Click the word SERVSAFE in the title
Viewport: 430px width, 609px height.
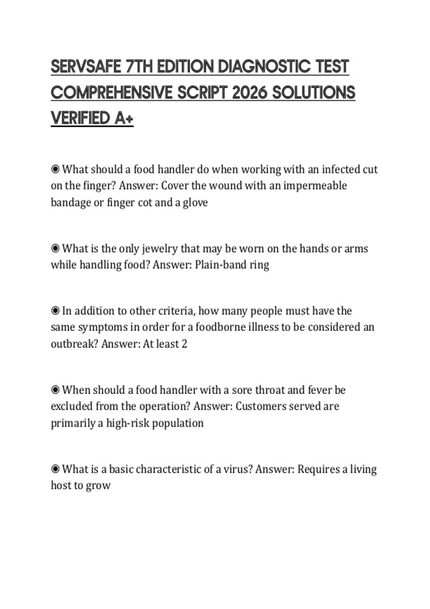tap(86, 67)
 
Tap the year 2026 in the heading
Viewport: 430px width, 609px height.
tap(249, 93)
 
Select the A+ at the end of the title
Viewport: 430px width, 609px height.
tap(124, 118)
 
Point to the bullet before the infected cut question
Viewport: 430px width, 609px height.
tap(55, 169)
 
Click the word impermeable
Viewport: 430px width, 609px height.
tap(315, 186)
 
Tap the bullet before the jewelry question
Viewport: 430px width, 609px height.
tap(55, 248)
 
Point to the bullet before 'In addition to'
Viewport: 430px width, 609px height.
tap(55, 311)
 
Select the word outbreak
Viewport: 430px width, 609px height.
tap(74, 344)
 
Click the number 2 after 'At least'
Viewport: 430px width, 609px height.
tap(184, 344)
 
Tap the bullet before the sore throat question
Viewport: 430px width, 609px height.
tap(55, 390)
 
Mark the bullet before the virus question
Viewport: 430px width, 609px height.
tap(55, 469)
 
